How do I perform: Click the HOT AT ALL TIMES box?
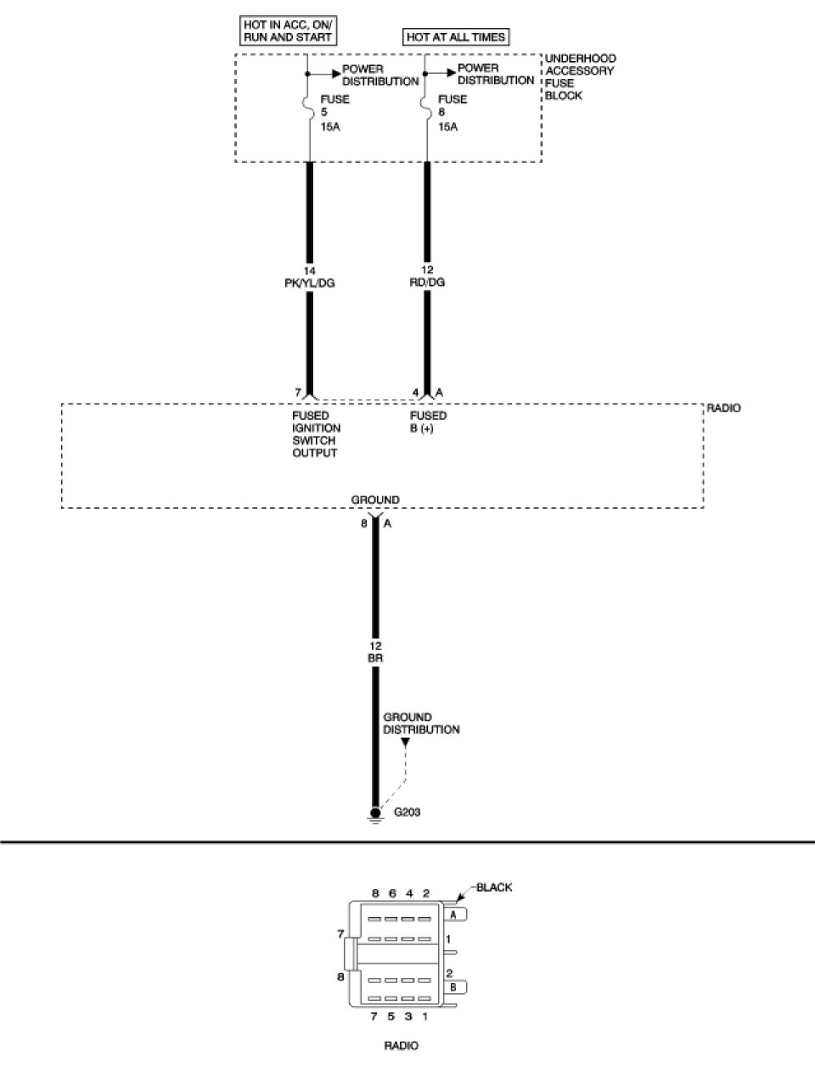tap(456, 37)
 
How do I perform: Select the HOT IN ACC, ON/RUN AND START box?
tap(289, 31)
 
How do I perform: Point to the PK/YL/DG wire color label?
tap(309, 282)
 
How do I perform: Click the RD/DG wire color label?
tap(426, 282)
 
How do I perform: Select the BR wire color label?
tap(375, 657)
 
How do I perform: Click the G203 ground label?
tap(407, 812)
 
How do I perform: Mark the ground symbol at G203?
tap(375, 814)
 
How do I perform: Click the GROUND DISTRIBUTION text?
tap(421, 723)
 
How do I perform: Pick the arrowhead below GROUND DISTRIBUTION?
tap(406, 743)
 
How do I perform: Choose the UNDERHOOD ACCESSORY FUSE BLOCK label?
tap(581, 77)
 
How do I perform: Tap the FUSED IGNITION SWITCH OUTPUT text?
tap(316, 434)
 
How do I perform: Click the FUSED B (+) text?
tap(428, 422)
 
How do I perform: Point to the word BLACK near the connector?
tap(494, 888)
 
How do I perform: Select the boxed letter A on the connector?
tap(453, 914)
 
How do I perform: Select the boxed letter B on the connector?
tap(453, 986)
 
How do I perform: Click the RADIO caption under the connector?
tap(402, 1046)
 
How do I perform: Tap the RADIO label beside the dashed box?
tap(723, 408)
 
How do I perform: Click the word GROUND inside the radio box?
tap(375, 500)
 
